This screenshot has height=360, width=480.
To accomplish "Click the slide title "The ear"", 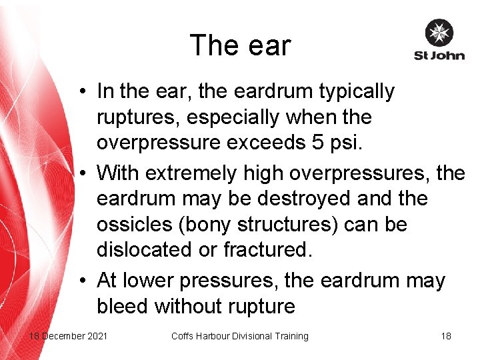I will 240,45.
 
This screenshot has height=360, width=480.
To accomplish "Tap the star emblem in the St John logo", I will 439,33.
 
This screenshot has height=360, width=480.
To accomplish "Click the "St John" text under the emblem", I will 439,55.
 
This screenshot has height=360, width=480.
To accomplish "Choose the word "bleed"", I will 123,306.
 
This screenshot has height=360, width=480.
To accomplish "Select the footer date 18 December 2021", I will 67,336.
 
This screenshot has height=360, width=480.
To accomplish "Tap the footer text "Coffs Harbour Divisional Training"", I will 240,336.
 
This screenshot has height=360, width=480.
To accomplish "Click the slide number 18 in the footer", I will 446,336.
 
